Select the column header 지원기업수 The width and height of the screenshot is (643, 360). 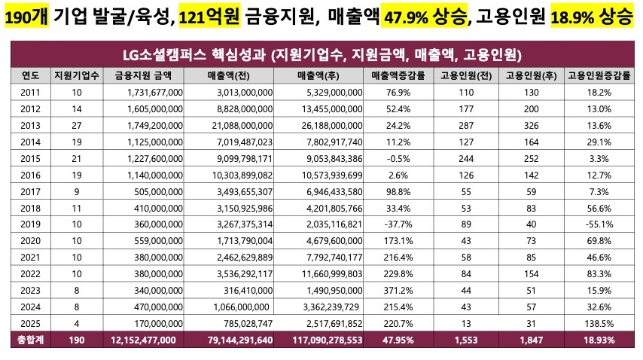[73, 75]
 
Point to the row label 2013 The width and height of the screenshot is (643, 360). [31, 124]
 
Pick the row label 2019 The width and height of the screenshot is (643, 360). [31, 224]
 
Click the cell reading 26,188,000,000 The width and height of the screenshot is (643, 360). [331, 124]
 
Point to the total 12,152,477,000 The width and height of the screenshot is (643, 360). [143, 340]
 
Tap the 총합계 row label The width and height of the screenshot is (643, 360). [31, 340]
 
